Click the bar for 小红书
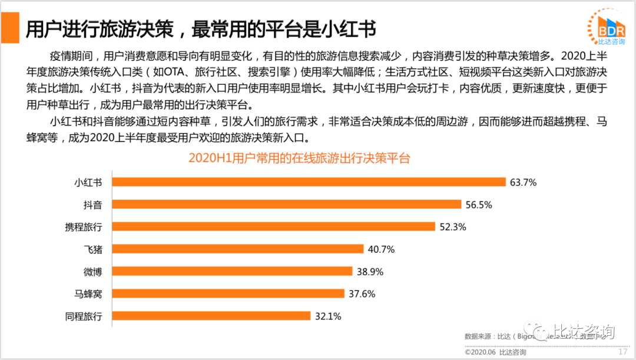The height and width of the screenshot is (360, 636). tap(309, 182)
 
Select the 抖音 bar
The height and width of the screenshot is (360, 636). tap(287, 204)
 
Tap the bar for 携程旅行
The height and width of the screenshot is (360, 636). tap(274, 227)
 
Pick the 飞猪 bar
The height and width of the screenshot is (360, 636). tap(237, 249)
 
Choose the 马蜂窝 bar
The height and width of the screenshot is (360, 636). tap(228, 293)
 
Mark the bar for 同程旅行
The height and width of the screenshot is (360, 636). tap(211, 316)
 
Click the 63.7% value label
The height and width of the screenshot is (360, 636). tap(524, 183)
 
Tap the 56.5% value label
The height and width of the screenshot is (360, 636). tap(478, 205)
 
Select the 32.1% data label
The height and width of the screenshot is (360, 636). tap(328, 316)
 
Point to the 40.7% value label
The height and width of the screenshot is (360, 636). tap(380, 249)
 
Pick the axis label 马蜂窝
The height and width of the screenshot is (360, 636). tap(88, 293)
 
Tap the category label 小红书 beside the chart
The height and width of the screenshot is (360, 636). tap(88, 183)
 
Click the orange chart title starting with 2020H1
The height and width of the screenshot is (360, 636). tap(299, 158)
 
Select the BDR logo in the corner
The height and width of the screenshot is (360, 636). tap(607, 27)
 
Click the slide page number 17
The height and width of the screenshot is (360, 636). tap(622, 352)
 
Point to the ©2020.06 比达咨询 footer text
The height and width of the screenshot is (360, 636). tap(495, 352)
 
